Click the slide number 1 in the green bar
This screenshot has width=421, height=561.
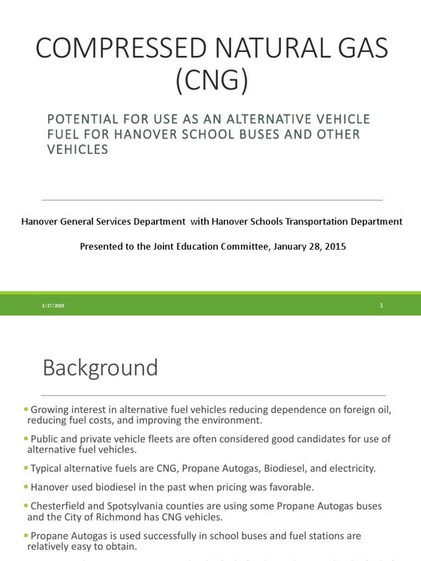(x=381, y=306)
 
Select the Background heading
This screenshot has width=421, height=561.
(x=100, y=368)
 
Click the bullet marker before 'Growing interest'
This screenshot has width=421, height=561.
(x=26, y=409)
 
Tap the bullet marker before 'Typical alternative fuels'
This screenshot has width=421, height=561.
(x=26, y=468)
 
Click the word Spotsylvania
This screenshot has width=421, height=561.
(x=129, y=505)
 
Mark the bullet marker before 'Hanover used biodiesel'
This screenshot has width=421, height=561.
(x=26, y=486)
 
